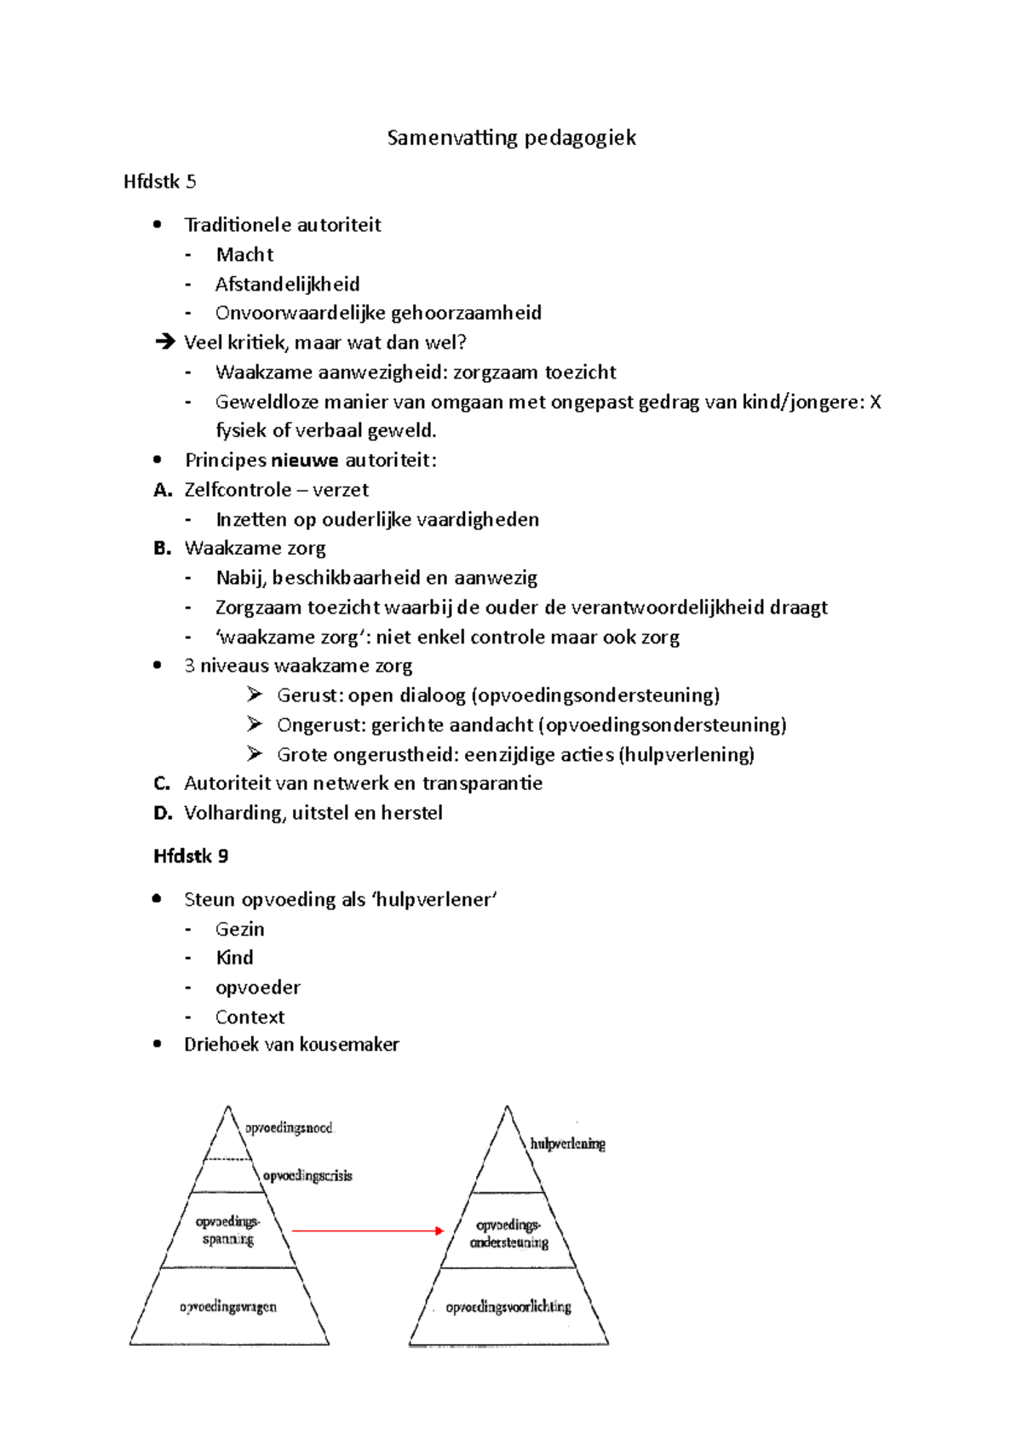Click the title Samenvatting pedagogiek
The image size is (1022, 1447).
511,138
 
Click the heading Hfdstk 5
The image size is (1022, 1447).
159,182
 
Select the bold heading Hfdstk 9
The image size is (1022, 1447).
191,856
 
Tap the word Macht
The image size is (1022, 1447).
244,255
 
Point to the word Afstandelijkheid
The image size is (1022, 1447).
287,284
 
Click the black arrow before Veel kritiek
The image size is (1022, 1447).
164,343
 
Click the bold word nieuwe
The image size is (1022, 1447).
304,460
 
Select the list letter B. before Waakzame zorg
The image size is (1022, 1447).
163,549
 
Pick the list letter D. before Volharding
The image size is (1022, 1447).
163,813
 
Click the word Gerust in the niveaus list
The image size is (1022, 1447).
307,695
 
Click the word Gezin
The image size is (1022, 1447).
239,930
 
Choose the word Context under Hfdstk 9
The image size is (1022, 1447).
250,1018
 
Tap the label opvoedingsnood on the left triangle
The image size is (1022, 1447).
290,1128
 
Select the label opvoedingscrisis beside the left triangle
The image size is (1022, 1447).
307,1176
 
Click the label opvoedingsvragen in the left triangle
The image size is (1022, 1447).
228,1306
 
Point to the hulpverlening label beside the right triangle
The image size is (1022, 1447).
567,1144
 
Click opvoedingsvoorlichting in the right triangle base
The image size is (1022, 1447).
508,1306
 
